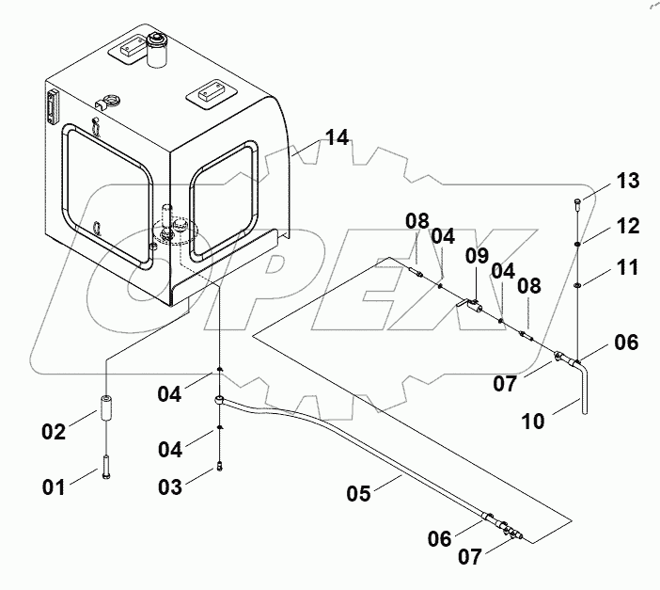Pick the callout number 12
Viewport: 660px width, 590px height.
tap(626, 226)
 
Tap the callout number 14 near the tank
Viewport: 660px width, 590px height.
tap(336, 138)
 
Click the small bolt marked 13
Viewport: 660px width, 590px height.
tap(576, 202)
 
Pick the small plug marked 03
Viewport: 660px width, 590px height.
tap(218, 463)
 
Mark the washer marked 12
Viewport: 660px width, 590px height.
tap(576, 244)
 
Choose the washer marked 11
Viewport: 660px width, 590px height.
tap(576, 284)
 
